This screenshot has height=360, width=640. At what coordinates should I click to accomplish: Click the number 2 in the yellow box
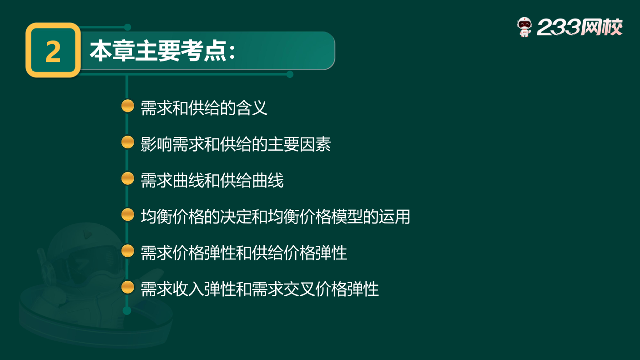53,51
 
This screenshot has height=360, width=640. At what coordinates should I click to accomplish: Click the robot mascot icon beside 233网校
524,27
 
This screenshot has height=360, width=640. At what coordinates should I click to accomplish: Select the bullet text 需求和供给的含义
204,108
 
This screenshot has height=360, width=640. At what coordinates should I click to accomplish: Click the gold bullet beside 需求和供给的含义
128,106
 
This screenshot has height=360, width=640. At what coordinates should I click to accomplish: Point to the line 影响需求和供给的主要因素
236,144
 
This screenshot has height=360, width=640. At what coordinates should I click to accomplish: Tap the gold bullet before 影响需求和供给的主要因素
128,142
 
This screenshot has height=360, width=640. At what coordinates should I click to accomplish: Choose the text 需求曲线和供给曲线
212,181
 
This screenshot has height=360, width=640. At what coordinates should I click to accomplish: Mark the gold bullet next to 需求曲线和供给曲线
128,178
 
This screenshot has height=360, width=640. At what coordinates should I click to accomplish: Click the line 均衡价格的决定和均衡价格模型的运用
275,217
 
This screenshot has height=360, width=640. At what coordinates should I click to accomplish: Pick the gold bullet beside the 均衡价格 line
128,214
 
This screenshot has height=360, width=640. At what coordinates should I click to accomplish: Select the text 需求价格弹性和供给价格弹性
244,253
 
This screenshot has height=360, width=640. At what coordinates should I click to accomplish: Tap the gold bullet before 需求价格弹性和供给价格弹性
128,251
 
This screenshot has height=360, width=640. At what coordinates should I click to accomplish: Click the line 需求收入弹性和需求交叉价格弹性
260,289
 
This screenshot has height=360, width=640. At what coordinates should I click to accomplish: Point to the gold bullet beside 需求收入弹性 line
128,287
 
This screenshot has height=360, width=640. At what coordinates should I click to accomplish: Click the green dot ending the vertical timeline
127,311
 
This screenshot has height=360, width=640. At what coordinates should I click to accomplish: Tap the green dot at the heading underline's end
290,74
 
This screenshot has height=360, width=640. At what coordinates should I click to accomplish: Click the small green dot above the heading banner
127,27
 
